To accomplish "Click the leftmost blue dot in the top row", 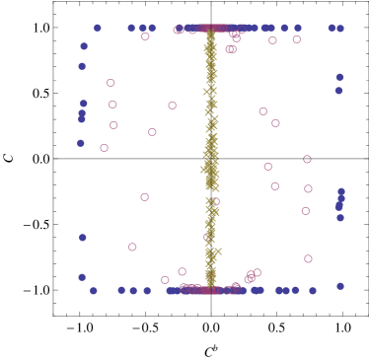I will (98, 28).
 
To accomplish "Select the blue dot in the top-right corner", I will (340, 29).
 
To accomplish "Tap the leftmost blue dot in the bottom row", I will (94, 290).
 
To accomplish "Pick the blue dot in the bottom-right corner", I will (340, 286).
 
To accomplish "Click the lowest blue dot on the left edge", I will (82, 277).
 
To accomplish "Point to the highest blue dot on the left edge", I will (84, 46).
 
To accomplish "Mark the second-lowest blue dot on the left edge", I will (83, 238).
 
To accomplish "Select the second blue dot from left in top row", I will (131, 28).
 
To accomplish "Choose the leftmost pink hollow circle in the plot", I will (104, 148).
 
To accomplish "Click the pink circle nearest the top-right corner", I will (296, 39).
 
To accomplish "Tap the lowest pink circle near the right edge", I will (308, 258).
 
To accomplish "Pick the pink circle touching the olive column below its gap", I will (208, 237).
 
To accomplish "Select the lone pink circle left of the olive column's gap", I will (144, 197).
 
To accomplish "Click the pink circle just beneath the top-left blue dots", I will (145, 36).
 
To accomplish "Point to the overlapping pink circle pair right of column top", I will (231, 48).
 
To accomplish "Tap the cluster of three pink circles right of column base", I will (252, 276).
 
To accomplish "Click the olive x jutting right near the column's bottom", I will (217, 252).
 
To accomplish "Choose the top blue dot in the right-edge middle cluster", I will (341, 191).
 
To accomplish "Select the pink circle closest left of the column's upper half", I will (172, 105).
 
